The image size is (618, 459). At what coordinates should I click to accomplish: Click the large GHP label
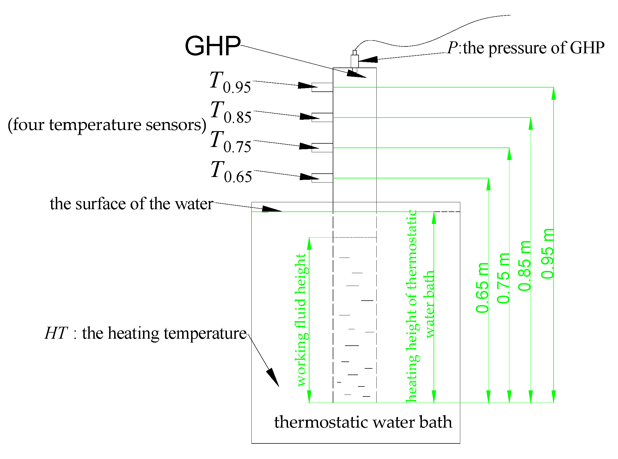tap(212, 46)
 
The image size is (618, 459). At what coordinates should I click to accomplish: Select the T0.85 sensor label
tap(231, 112)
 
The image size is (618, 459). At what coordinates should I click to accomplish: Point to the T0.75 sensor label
tap(231, 142)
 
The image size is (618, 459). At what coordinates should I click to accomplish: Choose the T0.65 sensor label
tap(231, 172)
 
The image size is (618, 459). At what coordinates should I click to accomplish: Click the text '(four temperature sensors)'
tap(107, 125)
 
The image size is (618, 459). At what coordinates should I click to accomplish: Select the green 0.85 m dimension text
tap(524, 266)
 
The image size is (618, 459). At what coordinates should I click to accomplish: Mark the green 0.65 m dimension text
tap(482, 288)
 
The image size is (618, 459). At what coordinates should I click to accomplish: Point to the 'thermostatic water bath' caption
tap(363, 422)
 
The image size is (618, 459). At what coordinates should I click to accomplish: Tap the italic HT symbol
tap(56, 333)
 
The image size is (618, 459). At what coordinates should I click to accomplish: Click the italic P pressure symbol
tap(452, 48)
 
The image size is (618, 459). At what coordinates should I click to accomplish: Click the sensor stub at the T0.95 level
tap(322, 87)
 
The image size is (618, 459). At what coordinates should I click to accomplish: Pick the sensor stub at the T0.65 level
tap(322, 178)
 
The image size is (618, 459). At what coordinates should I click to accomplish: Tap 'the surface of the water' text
tap(132, 204)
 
